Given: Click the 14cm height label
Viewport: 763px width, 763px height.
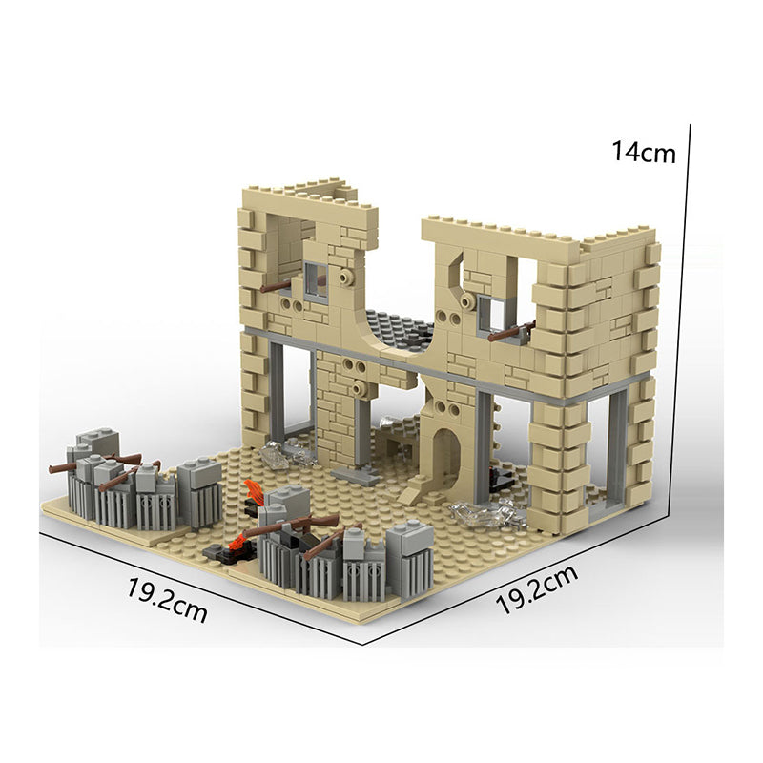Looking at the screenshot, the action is click(643, 152).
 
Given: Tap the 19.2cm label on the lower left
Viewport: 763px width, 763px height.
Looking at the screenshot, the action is click(167, 600).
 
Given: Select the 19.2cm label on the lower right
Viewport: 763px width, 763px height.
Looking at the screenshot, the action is click(537, 589).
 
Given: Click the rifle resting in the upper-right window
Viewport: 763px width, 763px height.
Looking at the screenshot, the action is click(512, 331).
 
